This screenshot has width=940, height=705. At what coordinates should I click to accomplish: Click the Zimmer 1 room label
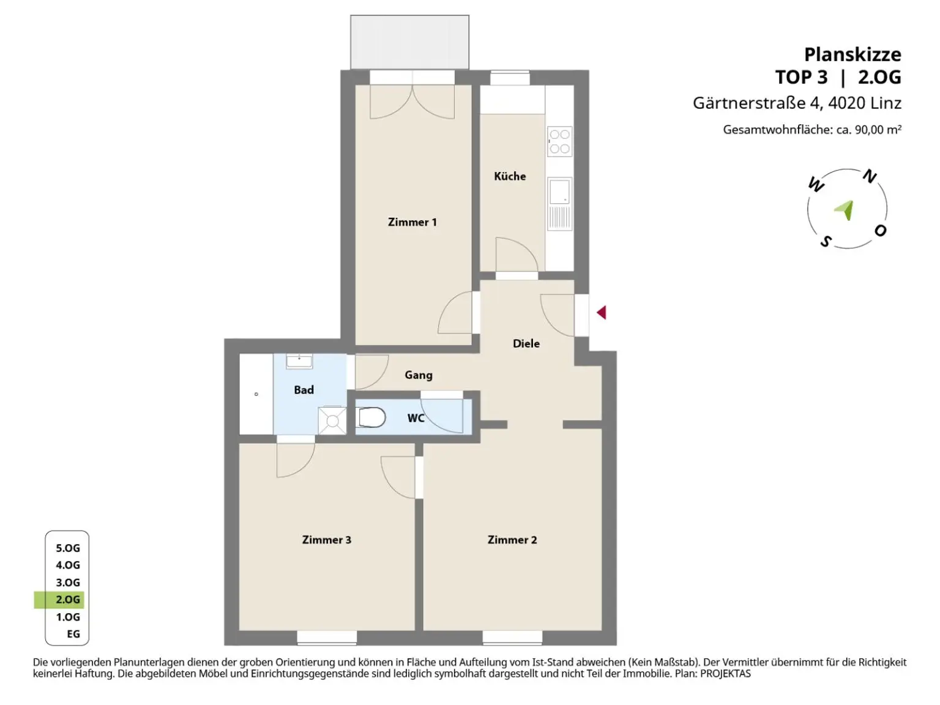pos(412,222)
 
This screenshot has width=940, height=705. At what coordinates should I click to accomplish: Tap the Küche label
pos(510,176)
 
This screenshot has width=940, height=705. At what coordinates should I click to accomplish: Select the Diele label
pos(526,343)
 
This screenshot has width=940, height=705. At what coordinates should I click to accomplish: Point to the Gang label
pos(418,375)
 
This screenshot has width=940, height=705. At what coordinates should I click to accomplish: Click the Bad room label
pos(304,390)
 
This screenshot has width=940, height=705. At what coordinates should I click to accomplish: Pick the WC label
pos(416,418)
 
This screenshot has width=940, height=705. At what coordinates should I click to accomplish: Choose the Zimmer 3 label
pos(326,540)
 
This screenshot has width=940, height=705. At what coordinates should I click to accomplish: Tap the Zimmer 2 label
pos(512,540)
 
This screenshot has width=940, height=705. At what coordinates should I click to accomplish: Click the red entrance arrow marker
pos(602,313)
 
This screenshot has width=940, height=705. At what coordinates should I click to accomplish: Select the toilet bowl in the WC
pos(371,418)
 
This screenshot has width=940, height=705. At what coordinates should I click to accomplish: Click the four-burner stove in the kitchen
pos(559,141)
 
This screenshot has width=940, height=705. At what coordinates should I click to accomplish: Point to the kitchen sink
pos(559,192)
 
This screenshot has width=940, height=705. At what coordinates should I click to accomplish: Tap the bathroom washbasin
pos(299,361)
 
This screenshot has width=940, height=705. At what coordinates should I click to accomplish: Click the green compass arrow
pos(845,210)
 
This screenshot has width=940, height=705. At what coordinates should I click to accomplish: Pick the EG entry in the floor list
pos(73,634)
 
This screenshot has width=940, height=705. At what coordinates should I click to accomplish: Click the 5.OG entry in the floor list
pos(68,548)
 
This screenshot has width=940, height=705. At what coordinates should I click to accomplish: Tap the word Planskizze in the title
pos(852,54)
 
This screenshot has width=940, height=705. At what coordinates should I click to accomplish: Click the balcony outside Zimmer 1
pos(409,42)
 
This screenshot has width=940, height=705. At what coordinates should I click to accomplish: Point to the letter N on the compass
pos(869,177)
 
